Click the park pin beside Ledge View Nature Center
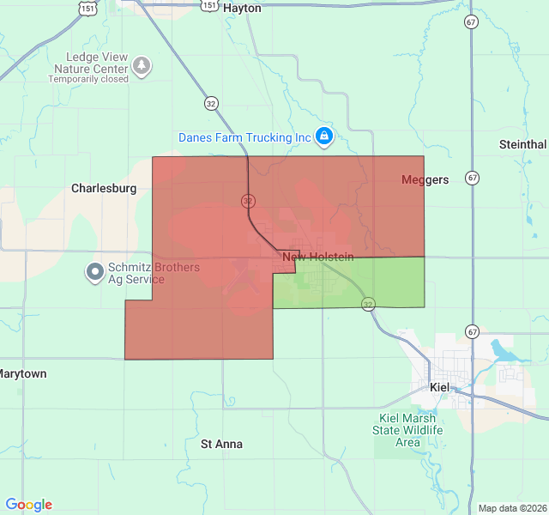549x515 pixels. point(142,65)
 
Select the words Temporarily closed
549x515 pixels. point(88,79)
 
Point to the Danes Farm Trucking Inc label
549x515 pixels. point(244,137)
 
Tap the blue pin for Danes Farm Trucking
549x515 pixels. point(323,136)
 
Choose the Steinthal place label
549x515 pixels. point(522,144)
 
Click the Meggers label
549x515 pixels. point(425,179)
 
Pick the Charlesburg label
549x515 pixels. point(104,188)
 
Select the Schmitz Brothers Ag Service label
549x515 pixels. point(154,274)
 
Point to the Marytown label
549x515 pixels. point(23,374)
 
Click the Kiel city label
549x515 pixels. point(439,387)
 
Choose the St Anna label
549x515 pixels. point(221,444)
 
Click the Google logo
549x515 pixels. point(28,505)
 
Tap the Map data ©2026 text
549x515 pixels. point(511,508)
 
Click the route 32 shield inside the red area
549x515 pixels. point(248,201)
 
